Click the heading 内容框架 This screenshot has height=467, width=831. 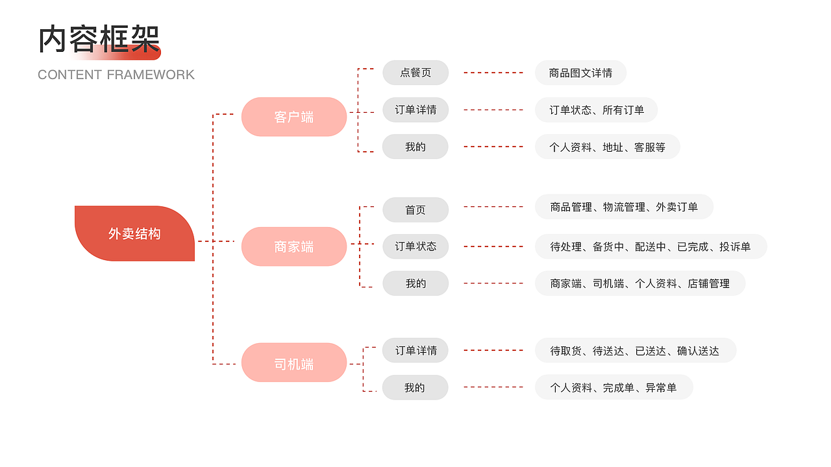pos(99,40)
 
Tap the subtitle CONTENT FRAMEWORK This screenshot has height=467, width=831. pos(116,75)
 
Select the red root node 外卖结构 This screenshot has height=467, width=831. pos(134,233)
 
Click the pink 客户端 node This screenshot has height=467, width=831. pos(294,117)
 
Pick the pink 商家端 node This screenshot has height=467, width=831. pos(294,246)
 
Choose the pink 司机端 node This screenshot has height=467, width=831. pos(294,363)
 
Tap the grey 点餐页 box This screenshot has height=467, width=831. pos(415,73)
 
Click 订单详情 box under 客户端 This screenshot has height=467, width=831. pos(415,110)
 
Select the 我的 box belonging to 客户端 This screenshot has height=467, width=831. pos(415,147)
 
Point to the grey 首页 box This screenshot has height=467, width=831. pos(415,210)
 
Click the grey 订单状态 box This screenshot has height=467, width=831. pos(415,246)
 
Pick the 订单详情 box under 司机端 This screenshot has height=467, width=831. pos(415,350)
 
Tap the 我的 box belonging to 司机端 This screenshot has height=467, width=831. pos(415,387)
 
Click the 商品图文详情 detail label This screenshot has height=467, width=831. pos(580,73)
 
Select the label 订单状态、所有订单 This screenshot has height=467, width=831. pos(596,110)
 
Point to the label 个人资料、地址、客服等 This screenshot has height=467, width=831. pos(607,147)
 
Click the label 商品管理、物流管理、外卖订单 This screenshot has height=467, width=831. pos(624,207)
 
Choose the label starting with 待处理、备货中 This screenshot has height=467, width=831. pos(651,246)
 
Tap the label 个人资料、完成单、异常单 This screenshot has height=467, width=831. pos(614,387)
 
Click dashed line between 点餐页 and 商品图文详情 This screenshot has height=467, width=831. pos(493,73)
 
